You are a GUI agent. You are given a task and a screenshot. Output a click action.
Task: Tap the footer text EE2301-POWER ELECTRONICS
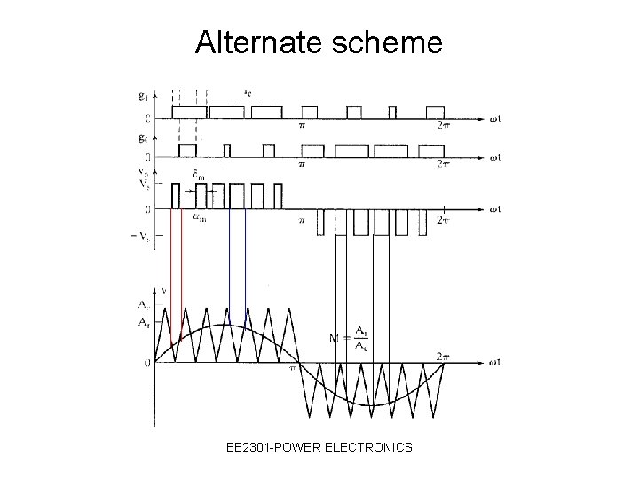pyautogui.click(x=319, y=447)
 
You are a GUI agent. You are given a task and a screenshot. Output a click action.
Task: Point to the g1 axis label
pyautogui.click(x=144, y=95)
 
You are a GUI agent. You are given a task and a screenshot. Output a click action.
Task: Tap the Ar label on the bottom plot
pyautogui.click(x=143, y=323)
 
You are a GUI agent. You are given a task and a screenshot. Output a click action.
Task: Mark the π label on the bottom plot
pyautogui.click(x=289, y=370)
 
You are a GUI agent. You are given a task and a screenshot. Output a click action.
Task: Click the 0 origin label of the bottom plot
pyautogui.click(x=146, y=362)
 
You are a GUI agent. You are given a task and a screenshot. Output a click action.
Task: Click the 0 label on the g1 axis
pyautogui.click(x=146, y=118)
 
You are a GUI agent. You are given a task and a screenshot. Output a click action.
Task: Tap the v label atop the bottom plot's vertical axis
pyautogui.click(x=162, y=289)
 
